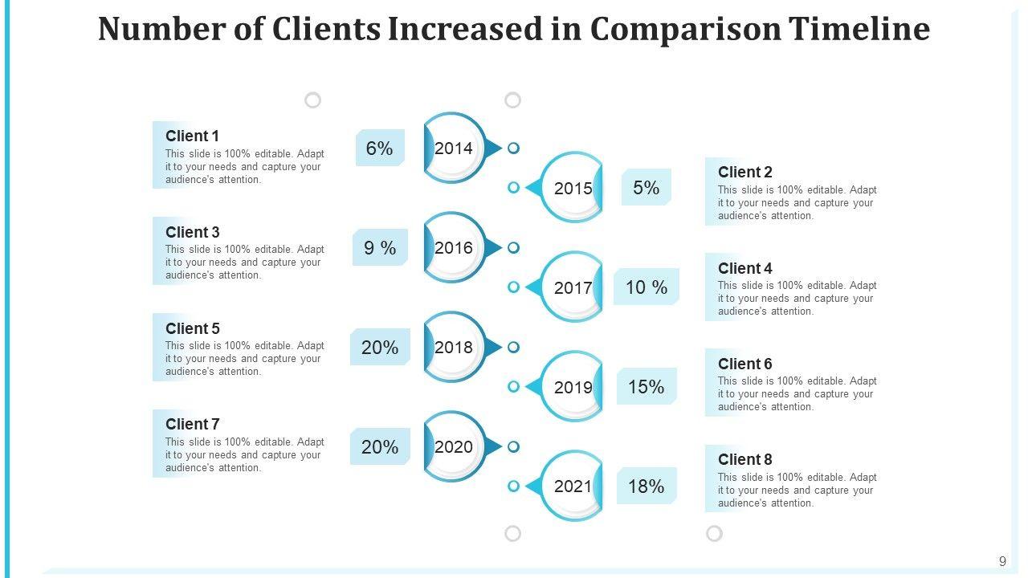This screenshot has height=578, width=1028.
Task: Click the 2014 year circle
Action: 454,149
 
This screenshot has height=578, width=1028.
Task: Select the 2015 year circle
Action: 573,189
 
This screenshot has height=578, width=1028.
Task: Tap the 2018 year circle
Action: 454,348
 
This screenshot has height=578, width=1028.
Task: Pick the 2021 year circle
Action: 573,486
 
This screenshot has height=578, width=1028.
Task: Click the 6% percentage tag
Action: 379,149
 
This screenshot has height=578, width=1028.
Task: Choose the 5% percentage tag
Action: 646,188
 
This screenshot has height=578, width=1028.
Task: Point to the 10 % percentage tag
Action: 646,287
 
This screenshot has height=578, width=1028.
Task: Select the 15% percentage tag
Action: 646,387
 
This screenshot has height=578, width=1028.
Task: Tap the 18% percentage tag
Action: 646,486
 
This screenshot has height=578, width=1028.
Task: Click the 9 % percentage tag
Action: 380,248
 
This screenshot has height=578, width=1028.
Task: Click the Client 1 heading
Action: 192,136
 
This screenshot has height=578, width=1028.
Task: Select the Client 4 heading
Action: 744,268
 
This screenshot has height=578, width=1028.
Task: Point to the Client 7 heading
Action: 192,424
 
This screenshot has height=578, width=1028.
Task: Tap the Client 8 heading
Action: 744,459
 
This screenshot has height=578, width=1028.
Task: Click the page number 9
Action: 1002,562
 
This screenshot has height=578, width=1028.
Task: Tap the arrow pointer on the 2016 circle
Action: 493,248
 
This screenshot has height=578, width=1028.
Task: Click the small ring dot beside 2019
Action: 514,387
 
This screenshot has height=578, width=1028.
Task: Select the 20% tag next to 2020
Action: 379,447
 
